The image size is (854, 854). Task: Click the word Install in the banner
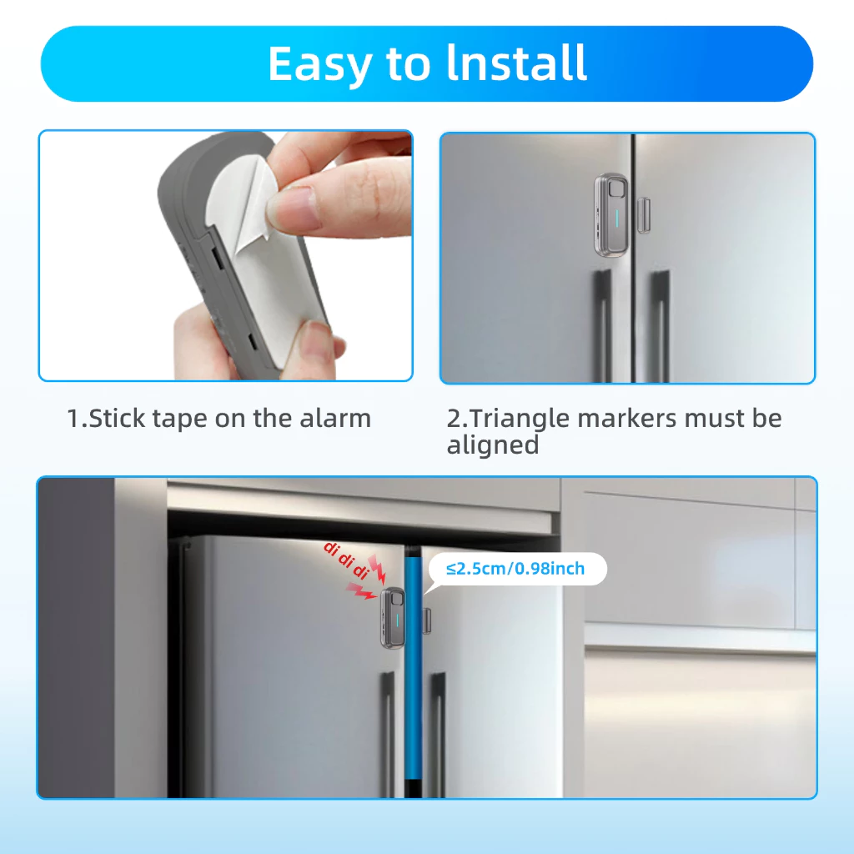click(x=516, y=63)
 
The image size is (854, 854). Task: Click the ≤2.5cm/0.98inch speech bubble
click(x=517, y=569)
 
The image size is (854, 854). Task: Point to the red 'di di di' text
click(x=346, y=560)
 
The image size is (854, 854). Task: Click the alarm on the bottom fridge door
click(x=392, y=618)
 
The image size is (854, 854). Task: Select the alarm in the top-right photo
click(x=610, y=215)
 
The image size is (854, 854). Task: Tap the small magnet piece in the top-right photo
click(x=643, y=215)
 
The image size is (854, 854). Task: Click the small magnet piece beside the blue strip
click(x=426, y=620)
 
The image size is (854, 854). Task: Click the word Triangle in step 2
click(x=519, y=419)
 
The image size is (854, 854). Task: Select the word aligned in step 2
click(x=492, y=445)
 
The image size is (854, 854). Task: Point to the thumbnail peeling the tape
click(x=294, y=209)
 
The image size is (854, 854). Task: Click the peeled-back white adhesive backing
click(x=239, y=202)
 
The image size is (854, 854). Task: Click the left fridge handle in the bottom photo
click(x=388, y=735)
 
